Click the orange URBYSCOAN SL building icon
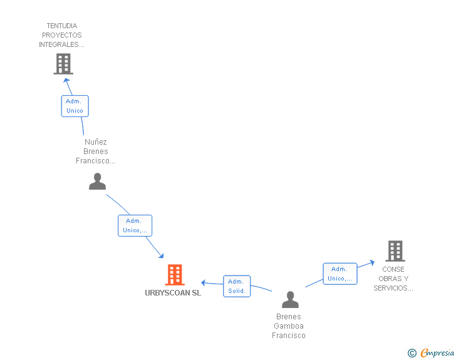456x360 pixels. [x=175, y=275]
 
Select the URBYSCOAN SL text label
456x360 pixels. [x=173, y=293]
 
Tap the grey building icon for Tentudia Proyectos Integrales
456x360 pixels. [x=63, y=63]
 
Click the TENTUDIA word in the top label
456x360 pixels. [x=61, y=26]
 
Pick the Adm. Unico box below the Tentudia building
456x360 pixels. [x=75, y=106]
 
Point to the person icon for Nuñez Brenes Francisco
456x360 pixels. [x=97, y=181]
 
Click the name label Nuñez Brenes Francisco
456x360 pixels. [x=95, y=152]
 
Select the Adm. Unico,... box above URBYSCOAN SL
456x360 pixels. [x=135, y=225]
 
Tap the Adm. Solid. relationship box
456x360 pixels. [x=237, y=286]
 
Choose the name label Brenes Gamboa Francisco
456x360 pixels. [x=289, y=326]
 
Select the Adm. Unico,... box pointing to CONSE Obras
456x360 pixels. [x=339, y=274]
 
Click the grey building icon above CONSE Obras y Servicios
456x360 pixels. [x=395, y=251]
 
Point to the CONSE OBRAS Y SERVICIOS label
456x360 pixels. [x=393, y=279]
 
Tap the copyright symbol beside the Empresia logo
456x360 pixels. [x=412, y=353]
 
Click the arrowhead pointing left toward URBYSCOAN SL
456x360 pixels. [x=204, y=283]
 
